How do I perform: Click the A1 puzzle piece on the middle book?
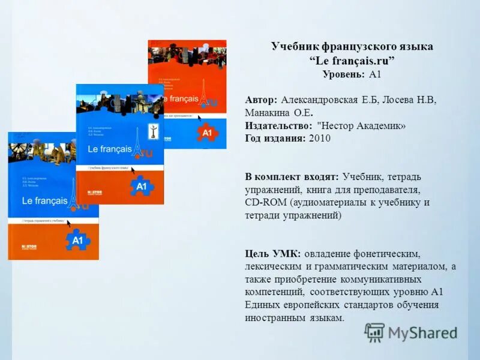(140, 186)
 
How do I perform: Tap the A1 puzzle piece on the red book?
(207, 133)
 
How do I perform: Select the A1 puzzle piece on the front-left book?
(76, 240)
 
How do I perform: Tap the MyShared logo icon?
(374, 332)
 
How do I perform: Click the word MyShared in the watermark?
(422, 333)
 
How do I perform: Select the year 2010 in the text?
(319, 138)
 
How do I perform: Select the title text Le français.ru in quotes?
(352, 61)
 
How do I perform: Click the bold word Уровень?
(343, 74)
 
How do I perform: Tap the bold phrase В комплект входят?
(292, 176)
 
